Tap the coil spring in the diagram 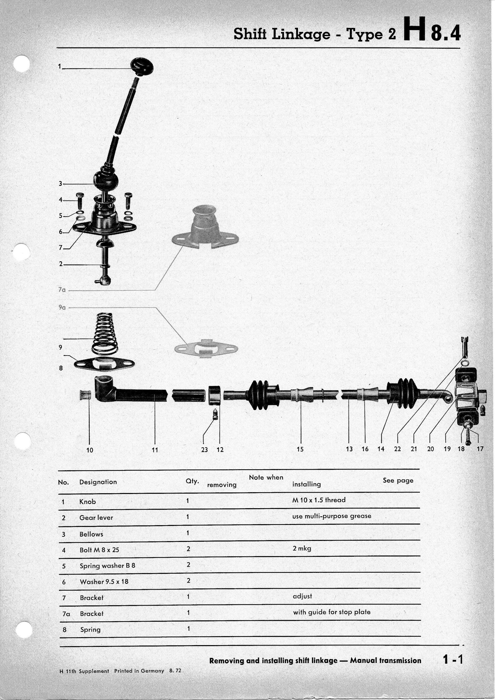[x=105, y=334]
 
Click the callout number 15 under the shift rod [x=300, y=449]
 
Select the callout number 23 [x=204, y=449]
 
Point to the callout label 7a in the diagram [x=62, y=290]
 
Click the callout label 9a [x=62, y=308]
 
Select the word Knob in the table [x=87, y=501]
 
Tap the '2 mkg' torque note [x=302, y=548]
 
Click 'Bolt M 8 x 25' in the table [x=99, y=550]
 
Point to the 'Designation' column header [x=98, y=482]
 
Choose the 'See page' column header [x=398, y=481]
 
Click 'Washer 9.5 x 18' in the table [x=104, y=581]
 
